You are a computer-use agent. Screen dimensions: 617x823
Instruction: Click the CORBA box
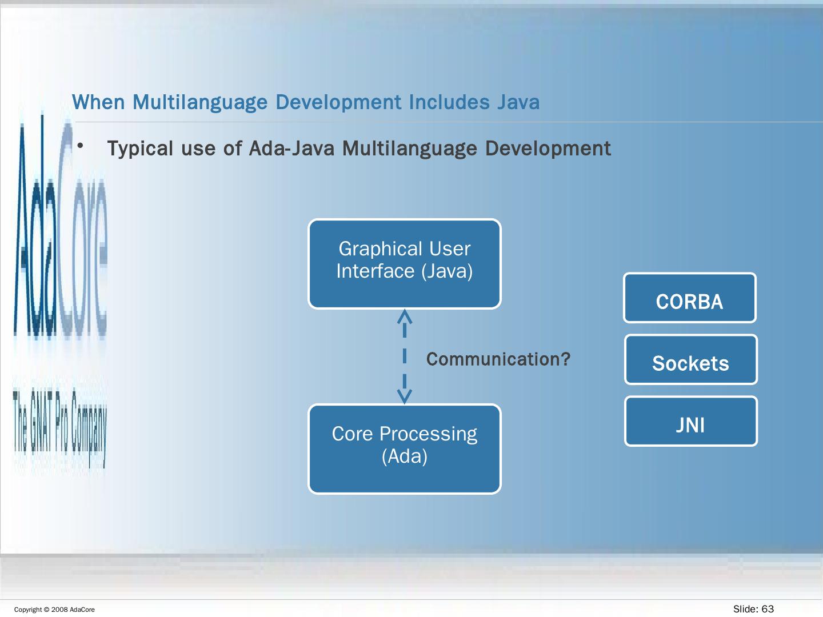689,298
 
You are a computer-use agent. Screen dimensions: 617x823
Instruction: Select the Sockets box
690,360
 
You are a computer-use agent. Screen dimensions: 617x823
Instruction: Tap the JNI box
690,422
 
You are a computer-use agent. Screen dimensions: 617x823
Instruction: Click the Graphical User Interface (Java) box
405,264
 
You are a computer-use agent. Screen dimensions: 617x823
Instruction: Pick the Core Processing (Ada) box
405,449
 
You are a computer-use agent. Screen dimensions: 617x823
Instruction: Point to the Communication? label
498,359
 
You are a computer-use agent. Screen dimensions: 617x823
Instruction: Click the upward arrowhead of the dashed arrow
405,315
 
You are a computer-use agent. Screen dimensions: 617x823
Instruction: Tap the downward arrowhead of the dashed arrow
405,396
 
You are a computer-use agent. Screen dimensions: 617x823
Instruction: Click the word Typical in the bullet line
140,149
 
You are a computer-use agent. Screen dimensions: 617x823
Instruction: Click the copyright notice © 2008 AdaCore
54,610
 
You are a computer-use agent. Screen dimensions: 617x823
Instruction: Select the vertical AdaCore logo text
60,229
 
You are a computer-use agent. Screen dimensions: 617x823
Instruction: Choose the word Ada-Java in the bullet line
291,149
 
